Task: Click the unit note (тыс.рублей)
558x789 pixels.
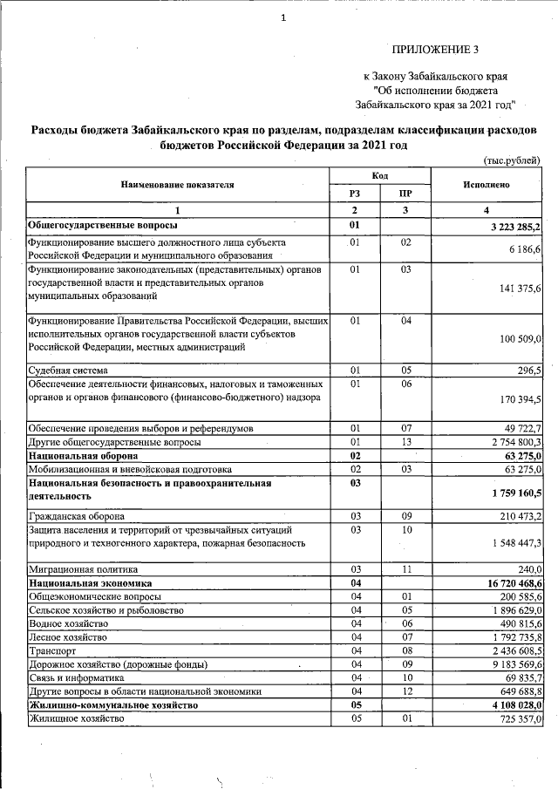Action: click(x=512, y=160)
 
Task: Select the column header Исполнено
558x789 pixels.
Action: click(x=487, y=185)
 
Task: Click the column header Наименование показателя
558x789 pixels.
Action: click(x=178, y=185)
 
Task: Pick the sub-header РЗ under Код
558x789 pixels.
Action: click(x=355, y=194)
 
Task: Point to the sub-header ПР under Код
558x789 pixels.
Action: click(x=405, y=194)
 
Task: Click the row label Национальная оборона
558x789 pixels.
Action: click(x=83, y=455)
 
